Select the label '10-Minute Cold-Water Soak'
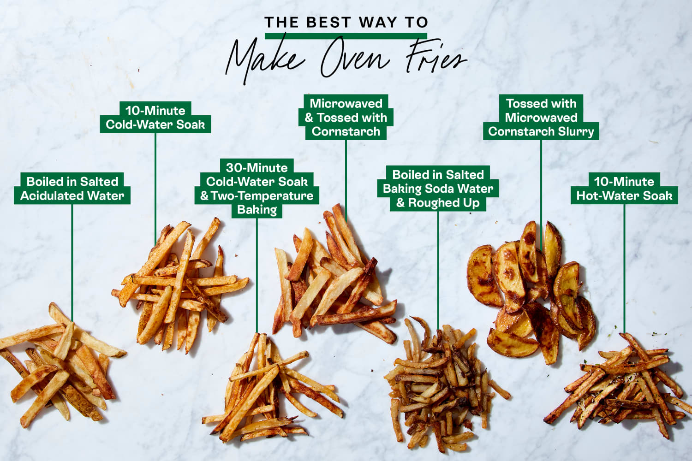(x=155, y=118)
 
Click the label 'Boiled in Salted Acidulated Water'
(x=72, y=189)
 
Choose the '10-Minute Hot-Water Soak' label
(x=624, y=189)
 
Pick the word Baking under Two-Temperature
(x=257, y=210)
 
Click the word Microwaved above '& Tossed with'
(x=346, y=103)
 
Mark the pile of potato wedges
(x=531, y=290)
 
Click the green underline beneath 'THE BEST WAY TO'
(x=346, y=35)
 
